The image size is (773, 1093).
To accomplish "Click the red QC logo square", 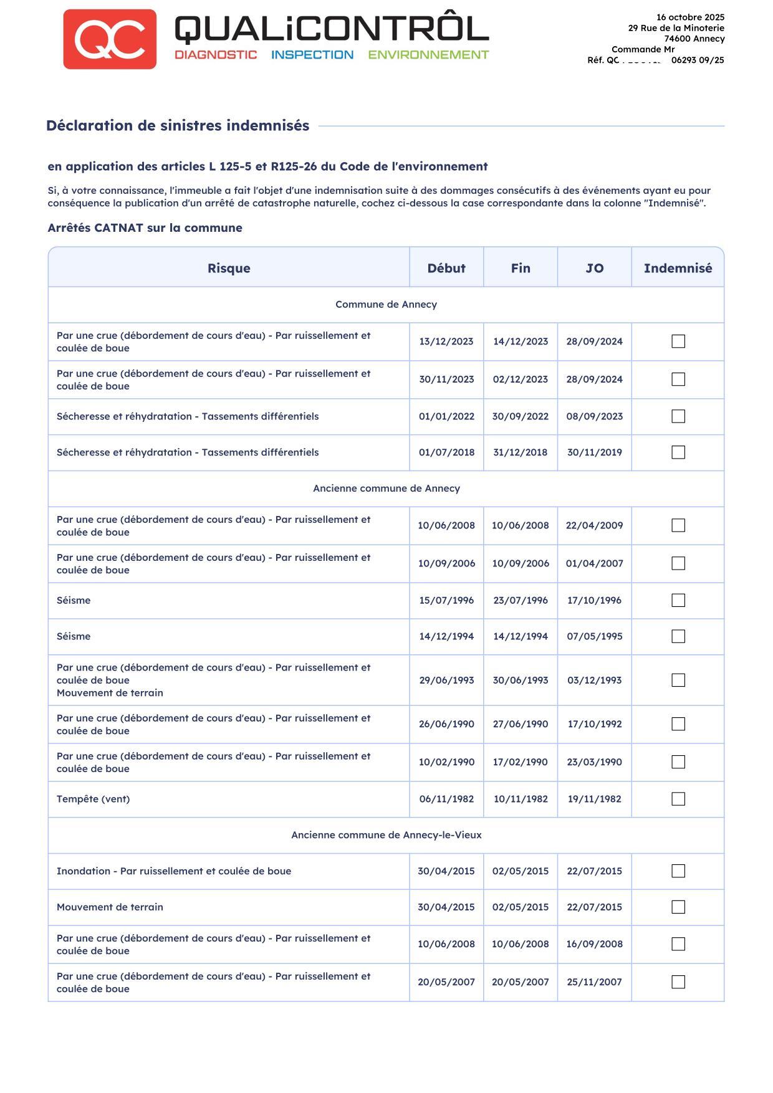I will pos(110,39).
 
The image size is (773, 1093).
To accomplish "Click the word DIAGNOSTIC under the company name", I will pos(216,55).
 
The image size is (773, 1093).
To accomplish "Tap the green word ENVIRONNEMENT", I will pos(428,55).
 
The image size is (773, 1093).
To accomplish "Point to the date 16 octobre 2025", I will pos(690,17).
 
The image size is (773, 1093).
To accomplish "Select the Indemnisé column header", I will pos(678,268).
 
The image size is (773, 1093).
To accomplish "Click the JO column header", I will pos(594,268).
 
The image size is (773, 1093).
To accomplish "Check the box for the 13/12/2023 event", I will pos(678,341).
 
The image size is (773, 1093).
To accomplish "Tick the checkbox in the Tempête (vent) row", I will pos(678,799).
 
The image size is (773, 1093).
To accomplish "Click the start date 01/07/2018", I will pos(446,452).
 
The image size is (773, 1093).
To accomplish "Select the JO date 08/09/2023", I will pos(594,416).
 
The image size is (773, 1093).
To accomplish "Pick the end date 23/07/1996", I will pos(521,600).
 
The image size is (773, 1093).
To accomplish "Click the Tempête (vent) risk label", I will pos(94,799).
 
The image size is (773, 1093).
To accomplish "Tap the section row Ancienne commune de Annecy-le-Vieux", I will pos(386,835).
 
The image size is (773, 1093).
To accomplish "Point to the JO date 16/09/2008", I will pos(594,944).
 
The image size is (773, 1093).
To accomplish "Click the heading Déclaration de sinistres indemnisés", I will pos(178,126).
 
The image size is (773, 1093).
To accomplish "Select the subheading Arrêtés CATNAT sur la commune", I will pos(145,228).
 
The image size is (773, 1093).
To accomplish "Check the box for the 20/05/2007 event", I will pos(678,982).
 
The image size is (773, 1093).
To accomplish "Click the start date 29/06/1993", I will pos(446,680).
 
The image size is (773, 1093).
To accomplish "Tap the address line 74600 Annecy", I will pos(694,39).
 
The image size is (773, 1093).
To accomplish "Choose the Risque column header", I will pos(229,268).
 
